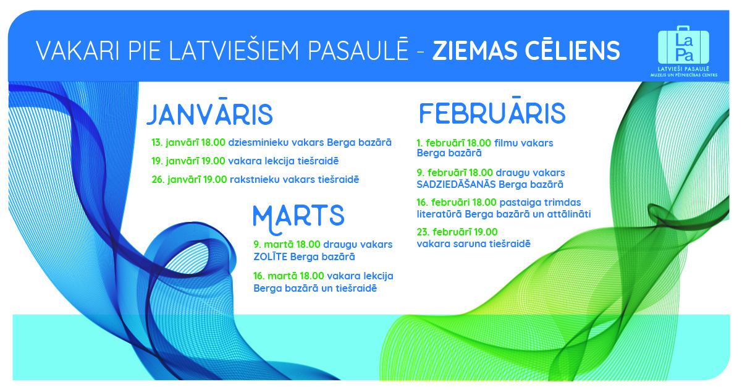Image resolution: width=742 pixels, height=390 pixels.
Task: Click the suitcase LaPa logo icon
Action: pos(683,45)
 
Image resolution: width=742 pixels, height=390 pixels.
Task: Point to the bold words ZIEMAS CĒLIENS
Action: pos(526,51)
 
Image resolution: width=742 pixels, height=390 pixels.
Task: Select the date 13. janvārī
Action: pos(175,143)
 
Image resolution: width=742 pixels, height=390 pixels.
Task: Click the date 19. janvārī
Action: pos(175,161)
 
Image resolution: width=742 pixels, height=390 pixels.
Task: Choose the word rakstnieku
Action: pos(255,180)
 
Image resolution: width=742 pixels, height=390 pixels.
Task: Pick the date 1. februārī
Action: pos(437,143)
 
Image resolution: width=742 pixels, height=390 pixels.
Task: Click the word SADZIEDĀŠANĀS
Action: pos(456,184)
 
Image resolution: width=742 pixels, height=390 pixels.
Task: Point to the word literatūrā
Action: pos(439,214)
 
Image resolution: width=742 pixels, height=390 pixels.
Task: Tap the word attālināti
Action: pos(569,214)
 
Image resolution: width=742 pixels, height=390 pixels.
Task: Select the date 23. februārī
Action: pos(440,232)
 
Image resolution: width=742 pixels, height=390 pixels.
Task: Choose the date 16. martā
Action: pos(276,276)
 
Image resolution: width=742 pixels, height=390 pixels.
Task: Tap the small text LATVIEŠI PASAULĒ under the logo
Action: pos(683,69)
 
